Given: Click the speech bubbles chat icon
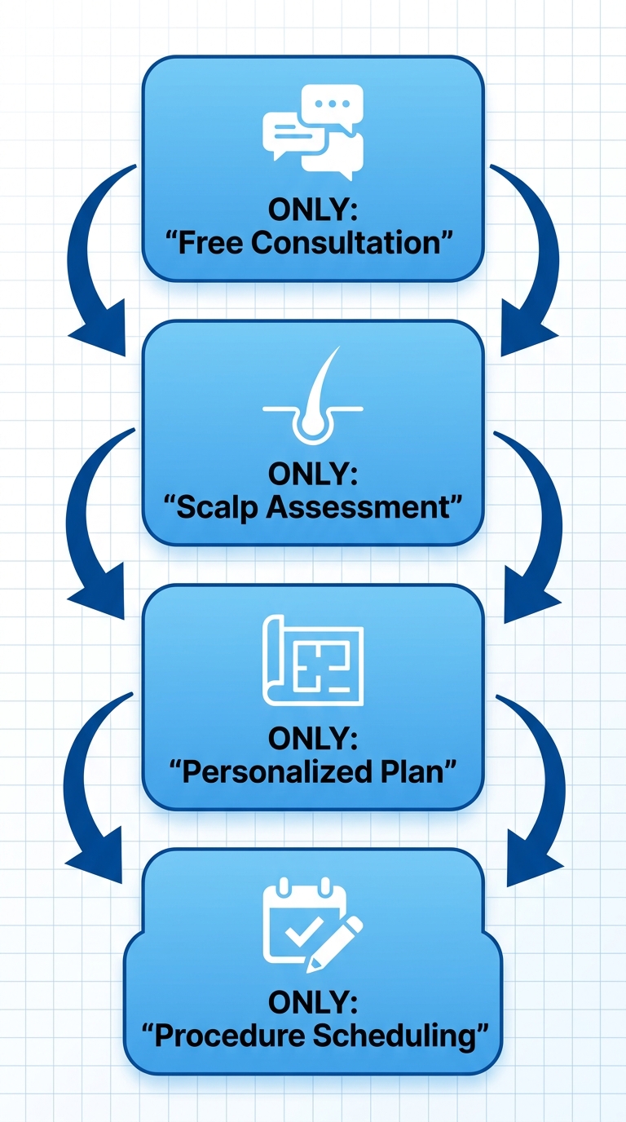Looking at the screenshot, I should click(x=313, y=133).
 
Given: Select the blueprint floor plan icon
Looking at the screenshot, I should click(x=313, y=660).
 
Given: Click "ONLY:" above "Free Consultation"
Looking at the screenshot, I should click(x=313, y=210).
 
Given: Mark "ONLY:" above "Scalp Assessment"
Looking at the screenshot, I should click(x=313, y=474).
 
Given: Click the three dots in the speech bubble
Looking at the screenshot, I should click(x=332, y=105).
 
